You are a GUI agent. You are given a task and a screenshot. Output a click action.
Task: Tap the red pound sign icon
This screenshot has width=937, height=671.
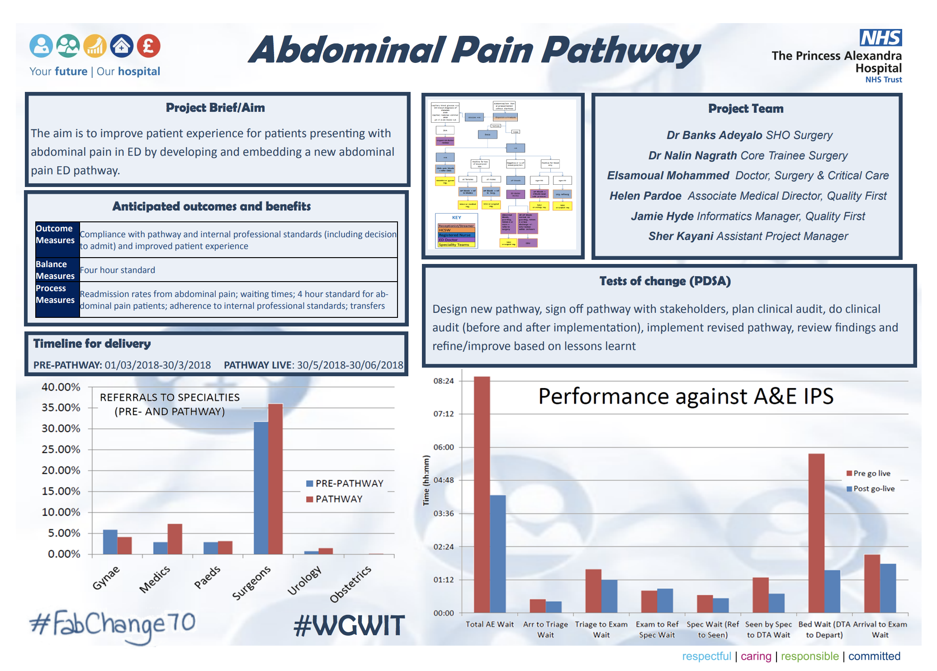pyautogui.click(x=149, y=46)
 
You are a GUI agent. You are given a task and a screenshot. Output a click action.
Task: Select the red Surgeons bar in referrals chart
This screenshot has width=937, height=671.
pyautogui.click(x=275, y=479)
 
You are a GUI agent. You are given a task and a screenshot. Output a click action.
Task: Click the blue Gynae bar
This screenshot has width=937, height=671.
pyautogui.click(x=110, y=542)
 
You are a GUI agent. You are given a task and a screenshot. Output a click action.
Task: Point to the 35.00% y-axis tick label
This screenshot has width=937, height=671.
pyautogui.click(x=61, y=407)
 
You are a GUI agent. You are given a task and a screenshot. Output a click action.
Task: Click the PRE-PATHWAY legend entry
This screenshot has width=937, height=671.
pyautogui.click(x=345, y=483)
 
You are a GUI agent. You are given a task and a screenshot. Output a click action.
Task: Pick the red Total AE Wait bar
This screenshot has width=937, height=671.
pyautogui.click(x=482, y=494)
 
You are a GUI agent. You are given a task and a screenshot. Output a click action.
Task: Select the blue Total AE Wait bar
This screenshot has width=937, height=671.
pyautogui.click(x=497, y=554)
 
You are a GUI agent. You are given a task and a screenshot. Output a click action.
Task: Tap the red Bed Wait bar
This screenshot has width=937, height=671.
pyautogui.click(x=816, y=533)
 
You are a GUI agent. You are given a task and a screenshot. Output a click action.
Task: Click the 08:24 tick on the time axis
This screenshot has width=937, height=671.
pyautogui.click(x=443, y=381)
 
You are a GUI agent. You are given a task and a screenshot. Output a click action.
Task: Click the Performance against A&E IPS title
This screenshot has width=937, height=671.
pyautogui.click(x=686, y=396)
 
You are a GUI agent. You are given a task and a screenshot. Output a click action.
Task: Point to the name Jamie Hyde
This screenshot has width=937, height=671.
pyautogui.click(x=662, y=216)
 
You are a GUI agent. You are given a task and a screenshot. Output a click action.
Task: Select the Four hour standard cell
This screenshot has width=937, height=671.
pyautogui.click(x=118, y=270)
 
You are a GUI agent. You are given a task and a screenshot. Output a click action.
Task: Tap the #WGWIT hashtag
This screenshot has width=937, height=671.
pyautogui.click(x=349, y=626)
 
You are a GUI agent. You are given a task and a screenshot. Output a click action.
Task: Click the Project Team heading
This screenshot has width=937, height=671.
pyautogui.click(x=746, y=109)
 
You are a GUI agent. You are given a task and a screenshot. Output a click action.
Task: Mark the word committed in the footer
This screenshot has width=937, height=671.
pyautogui.click(x=874, y=656)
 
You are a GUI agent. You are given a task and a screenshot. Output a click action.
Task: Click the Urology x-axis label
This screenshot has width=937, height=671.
pyautogui.click(x=304, y=580)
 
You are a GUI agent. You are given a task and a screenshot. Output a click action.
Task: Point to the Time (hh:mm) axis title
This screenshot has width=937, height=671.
pyautogui.click(x=426, y=480)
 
